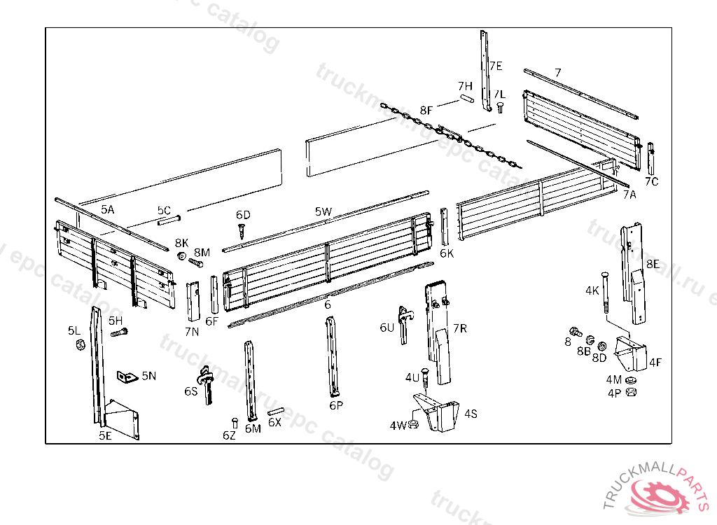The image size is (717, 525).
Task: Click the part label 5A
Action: click(x=107, y=209)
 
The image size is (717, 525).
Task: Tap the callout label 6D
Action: click(x=243, y=214)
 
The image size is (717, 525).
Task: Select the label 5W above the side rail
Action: click(x=323, y=211)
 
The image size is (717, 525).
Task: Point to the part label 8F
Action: click(x=426, y=111)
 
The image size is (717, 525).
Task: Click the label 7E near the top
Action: click(x=496, y=66)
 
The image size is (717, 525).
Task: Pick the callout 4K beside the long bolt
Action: click(x=592, y=290)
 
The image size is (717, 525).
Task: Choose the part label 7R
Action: click(x=460, y=328)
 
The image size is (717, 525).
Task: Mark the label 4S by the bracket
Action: click(x=471, y=413)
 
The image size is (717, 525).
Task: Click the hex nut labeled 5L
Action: click(x=79, y=344)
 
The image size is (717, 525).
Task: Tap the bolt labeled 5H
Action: click(x=118, y=332)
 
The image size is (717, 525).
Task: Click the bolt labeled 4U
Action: click(x=425, y=379)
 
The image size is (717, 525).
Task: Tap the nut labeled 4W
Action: click(x=414, y=424)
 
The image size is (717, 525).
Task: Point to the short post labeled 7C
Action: click(x=651, y=158)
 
